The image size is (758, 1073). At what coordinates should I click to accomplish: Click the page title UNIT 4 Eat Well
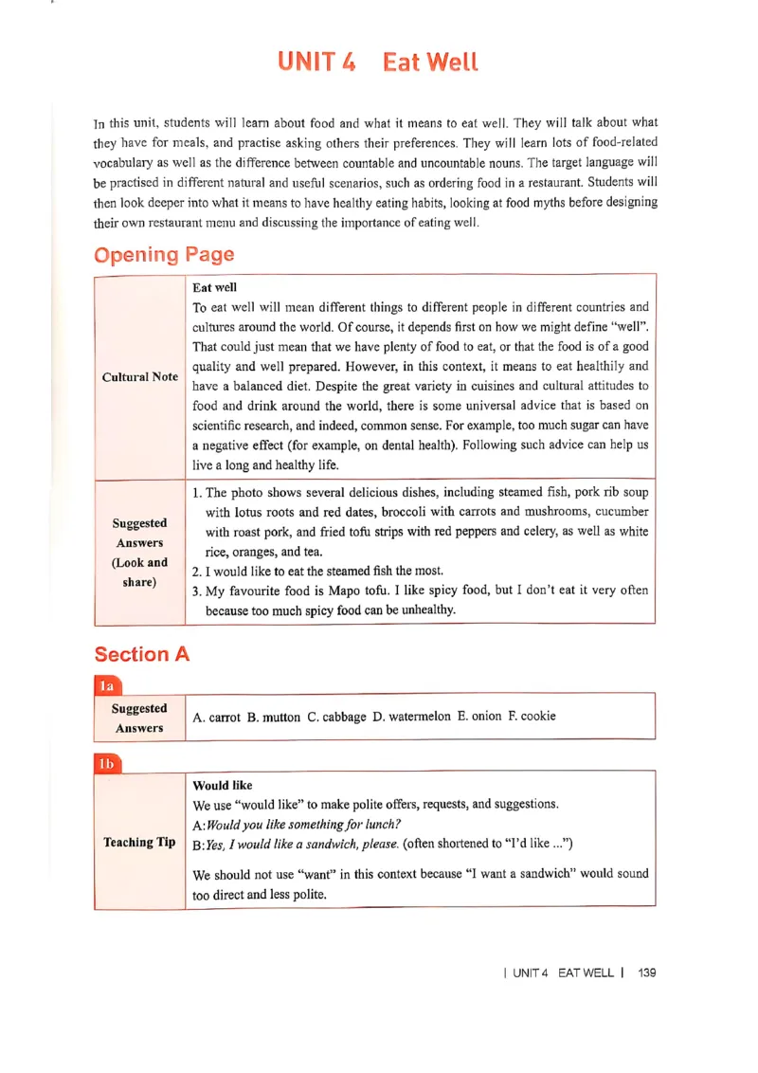click(378, 63)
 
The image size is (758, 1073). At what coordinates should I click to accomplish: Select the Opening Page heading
click(164, 255)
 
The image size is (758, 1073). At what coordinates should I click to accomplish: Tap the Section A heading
click(142, 654)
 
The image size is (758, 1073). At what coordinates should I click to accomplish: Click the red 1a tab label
click(108, 685)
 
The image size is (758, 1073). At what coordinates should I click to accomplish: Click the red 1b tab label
click(108, 763)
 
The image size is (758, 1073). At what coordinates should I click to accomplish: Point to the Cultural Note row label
click(139, 376)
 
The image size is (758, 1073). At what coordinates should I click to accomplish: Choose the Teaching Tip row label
click(139, 842)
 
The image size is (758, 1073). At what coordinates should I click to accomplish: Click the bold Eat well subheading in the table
click(214, 287)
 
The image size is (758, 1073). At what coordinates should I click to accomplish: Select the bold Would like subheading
click(223, 785)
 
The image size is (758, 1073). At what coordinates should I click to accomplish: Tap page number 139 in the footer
click(647, 973)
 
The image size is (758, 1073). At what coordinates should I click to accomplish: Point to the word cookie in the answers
click(538, 716)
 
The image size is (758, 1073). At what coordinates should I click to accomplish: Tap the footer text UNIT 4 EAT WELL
click(563, 973)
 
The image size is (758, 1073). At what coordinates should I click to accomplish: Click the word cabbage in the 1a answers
click(344, 717)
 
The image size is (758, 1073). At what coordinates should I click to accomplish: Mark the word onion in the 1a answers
click(486, 716)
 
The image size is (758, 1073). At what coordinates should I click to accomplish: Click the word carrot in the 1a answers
click(225, 718)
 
